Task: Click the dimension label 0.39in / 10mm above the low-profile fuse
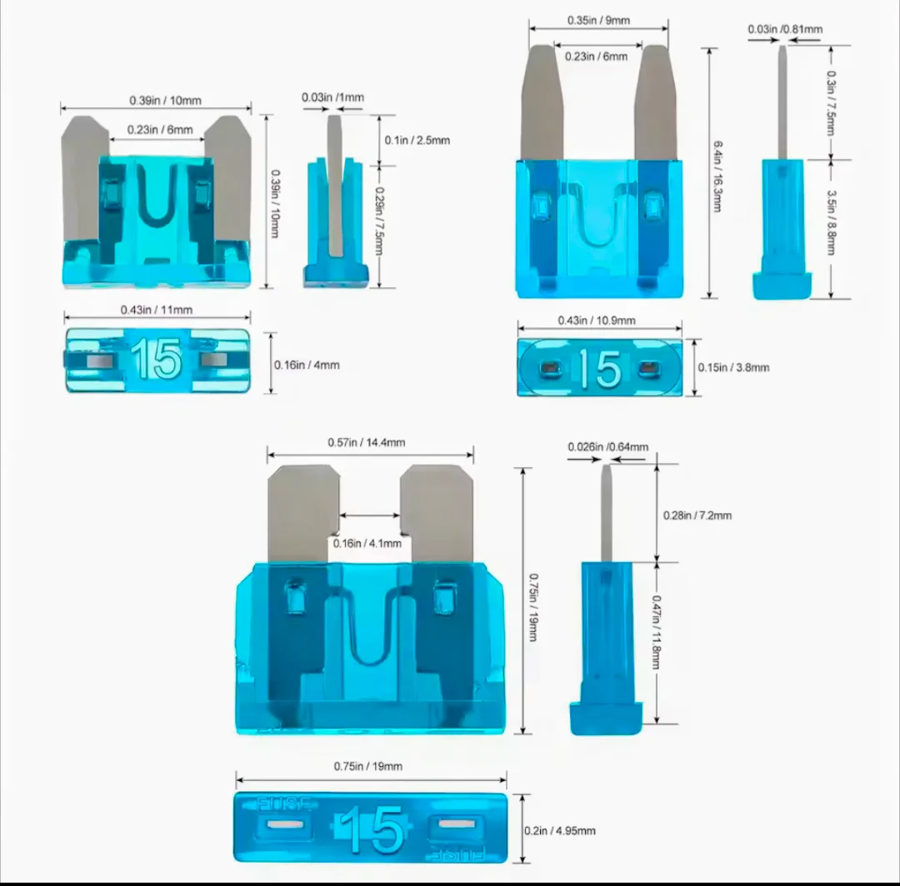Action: [x=165, y=101]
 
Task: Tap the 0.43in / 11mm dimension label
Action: [x=156, y=310]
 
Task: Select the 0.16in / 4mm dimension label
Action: [x=307, y=365]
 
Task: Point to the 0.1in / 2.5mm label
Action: [x=417, y=140]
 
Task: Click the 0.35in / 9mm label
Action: [x=598, y=20]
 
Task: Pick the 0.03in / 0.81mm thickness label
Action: [x=785, y=28]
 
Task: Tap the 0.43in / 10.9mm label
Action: [x=597, y=320]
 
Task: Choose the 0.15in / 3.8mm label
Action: [x=733, y=367]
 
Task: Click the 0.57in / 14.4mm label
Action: [x=366, y=442]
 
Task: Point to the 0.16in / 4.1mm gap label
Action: [x=367, y=543]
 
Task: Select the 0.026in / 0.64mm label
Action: [x=607, y=446]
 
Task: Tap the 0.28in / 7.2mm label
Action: [x=697, y=515]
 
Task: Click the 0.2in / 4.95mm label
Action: [x=560, y=830]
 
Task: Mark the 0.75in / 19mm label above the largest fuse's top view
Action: [x=368, y=766]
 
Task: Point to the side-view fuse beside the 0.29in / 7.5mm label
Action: [x=335, y=202]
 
